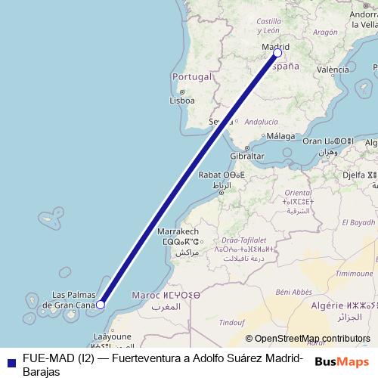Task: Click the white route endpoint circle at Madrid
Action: point(277,53)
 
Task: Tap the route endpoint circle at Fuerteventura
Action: point(101,305)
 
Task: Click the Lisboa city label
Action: point(182,100)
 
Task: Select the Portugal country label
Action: point(191,77)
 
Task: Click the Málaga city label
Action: point(280,136)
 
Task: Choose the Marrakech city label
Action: point(178,231)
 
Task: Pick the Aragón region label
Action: point(324,33)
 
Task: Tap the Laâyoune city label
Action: point(111,336)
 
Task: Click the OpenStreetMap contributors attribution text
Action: point(312,339)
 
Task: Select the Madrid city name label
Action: point(276,46)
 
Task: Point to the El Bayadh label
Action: point(358,222)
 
